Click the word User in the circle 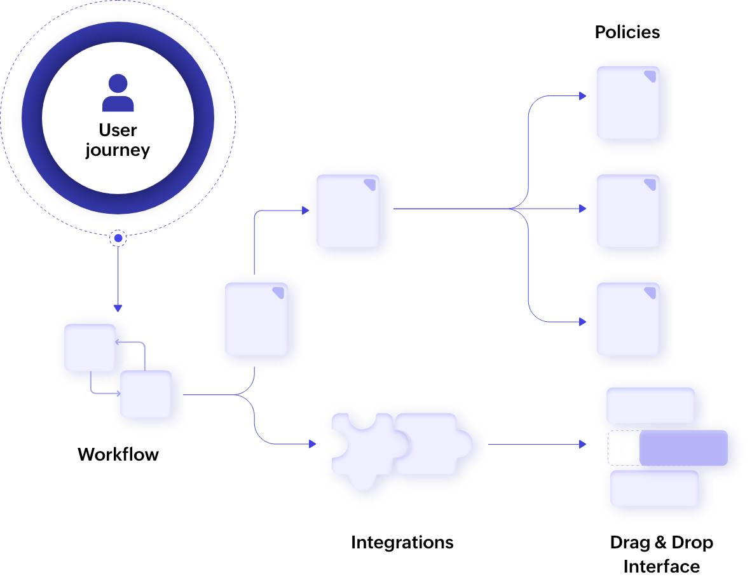pyautogui.click(x=118, y=130)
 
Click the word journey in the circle pyautogui.click(x=118, y=151)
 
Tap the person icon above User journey pyautogui.click(x=118, y=93)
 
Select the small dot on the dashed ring pyautogui.click(x=118, y=239)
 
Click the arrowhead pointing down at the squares pyautogui.click(x=118, y=309)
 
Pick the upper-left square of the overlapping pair pyautogui.click(x=89, y=347)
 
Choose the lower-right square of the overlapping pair pyautogui.click(x=146, y=394)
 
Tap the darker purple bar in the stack pyautogui.click(x=683, y=447)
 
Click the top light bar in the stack pyautogui.click(x=650, y=405)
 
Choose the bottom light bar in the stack pyautogui.click(x=653, y=488)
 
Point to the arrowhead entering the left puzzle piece pyautogui.click(x=312, y=444)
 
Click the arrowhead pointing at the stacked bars pyautogui.click(x=582, y=444)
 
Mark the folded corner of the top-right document pyautogui.click(x=650, y=76)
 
